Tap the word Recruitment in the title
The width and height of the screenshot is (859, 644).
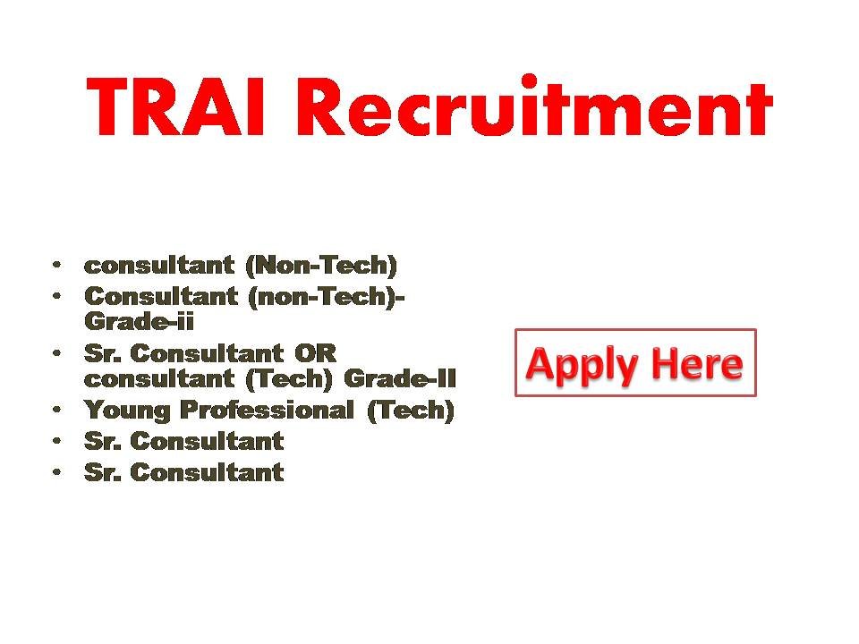coord(533,106)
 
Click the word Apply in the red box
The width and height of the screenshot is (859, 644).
coord(582,364)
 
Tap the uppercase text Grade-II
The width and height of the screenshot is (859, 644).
coord(400,378)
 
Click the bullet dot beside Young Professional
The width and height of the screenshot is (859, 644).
coord(57,410)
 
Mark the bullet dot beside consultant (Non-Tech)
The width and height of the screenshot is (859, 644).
coord(57,265)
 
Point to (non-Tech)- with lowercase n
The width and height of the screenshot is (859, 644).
coord(326,296)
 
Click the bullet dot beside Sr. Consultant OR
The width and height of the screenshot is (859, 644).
coord(57,352)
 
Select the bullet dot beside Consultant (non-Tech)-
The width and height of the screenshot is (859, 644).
coord(57,295)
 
